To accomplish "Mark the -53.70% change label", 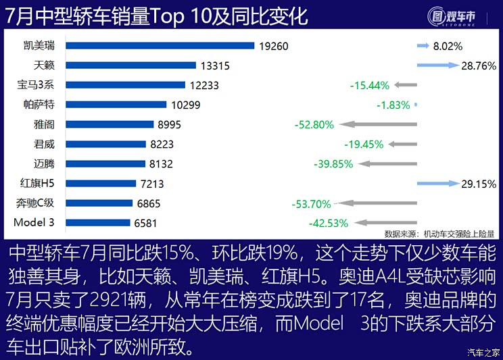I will pos(311,203).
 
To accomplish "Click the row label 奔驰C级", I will pos(36,203).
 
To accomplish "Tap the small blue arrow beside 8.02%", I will pos(423,47).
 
